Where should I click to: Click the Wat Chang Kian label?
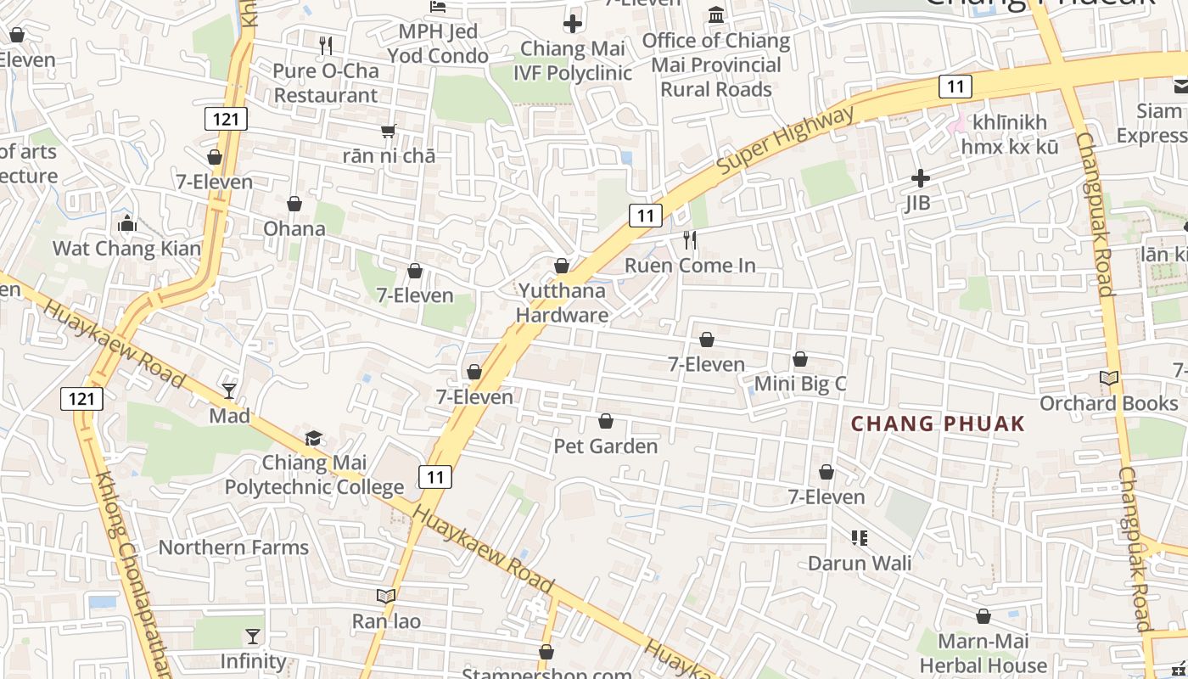pos(127,249)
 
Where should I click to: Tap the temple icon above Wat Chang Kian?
pos(127,223)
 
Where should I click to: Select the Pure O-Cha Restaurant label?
pos(326,83)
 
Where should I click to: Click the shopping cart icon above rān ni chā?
pos(389,130)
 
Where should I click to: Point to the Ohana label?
pos(294,228)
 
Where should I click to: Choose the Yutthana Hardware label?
pos(562,303)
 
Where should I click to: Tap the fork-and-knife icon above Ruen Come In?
pos(690,240)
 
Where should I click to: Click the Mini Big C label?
pos(800,384)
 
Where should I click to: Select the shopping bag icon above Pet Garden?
pos(606,421)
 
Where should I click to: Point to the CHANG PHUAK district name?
pos(938,424)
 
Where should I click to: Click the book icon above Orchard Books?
pos(1109,378)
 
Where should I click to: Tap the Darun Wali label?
pos(860,563)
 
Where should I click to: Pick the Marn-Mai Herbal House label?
pos(983,653)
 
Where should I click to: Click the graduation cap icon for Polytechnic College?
pos(314,438)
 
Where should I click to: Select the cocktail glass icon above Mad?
pos(229,390)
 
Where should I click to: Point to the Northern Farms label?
pos(233,547)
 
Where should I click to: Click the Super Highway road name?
pos(785,141)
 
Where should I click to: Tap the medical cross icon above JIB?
pos(920,178)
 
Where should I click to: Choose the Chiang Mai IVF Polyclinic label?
pos(573,60)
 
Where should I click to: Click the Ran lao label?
pos(386,621)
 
